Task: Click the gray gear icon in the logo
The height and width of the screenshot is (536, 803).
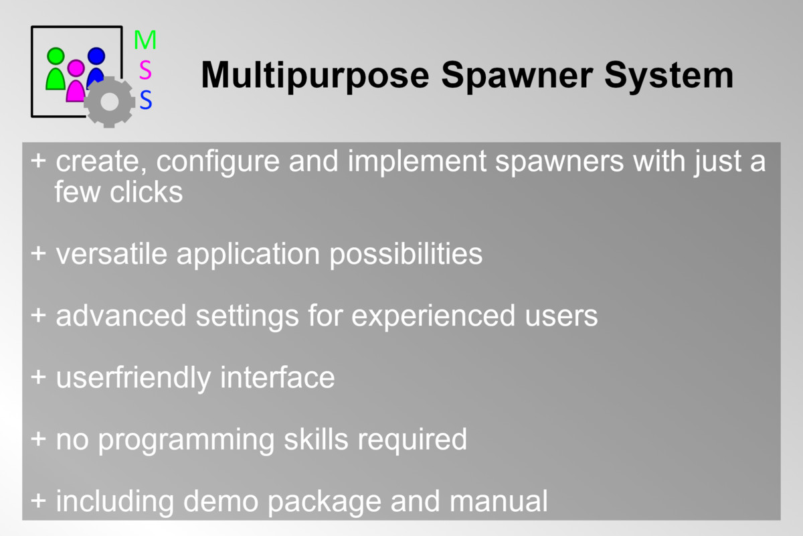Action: [x=110, y=102]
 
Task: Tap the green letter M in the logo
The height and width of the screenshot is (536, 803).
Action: [x=145, y=40]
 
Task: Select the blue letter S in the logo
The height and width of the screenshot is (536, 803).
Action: [x=146, y=100]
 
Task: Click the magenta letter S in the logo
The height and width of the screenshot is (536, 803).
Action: [x=145, y=70]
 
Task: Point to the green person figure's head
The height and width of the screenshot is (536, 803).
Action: [x=56, y=56]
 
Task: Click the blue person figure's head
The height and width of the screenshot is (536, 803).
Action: [x=96, y=56]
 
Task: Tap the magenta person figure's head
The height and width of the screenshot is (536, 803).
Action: [x=76, y=68]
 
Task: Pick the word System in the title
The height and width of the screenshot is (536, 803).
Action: [x=669, y=75]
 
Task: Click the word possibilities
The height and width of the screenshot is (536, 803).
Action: [x=406, y=255]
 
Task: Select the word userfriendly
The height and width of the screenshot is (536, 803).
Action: [x=134, y=378]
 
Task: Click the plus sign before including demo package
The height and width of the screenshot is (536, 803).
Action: [x=39, y=500]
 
